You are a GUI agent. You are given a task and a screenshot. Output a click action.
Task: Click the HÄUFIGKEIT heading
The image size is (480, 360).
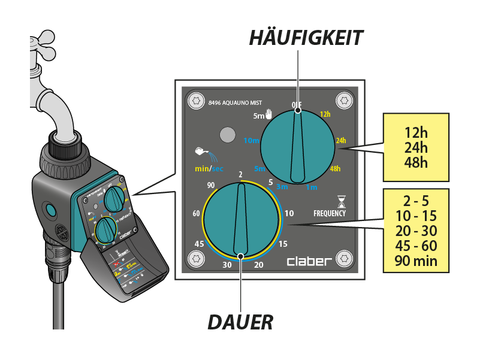click(306, 38)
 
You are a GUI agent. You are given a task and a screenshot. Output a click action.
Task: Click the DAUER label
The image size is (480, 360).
click(240, 322)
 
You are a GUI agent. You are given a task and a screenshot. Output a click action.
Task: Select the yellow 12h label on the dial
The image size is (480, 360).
click(325, 114)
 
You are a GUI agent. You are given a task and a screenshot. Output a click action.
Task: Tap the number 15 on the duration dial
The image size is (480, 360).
click(283, 243)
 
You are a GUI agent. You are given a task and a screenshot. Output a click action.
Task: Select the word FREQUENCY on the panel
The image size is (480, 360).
click(330, 213)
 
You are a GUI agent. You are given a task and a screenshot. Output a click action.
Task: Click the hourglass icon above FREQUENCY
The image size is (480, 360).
click(342, 200)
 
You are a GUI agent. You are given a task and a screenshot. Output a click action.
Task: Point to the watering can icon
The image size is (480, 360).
click(201, 154)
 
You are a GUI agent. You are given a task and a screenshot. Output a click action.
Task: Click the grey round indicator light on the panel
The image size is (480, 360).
click(226, 135)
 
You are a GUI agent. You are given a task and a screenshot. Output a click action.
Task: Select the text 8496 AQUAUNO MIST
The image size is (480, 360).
click(235, 103)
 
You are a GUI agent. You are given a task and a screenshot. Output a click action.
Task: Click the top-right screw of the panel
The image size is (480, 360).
click(344, 101)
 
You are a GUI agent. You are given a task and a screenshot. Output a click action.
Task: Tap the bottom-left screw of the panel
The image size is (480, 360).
click(196, 259)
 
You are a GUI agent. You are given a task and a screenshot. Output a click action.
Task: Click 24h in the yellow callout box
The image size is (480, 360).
click(416, 146)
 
